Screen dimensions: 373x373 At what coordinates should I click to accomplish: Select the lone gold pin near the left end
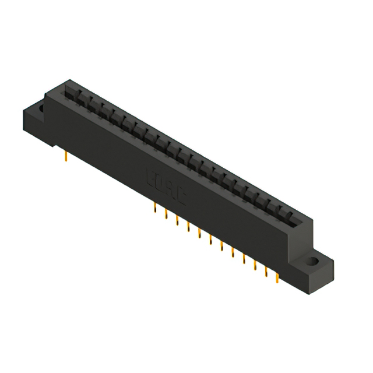(66, 154)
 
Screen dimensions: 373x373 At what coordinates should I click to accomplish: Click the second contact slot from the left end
(80, 98)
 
